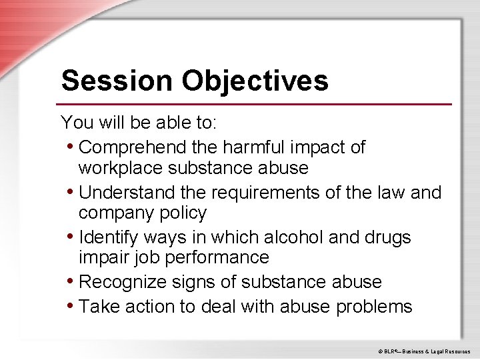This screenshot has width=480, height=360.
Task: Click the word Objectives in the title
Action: [x=254, y=81]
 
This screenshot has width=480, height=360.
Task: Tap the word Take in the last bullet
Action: [x=97, y=307]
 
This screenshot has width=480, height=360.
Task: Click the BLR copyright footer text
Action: [x=424, y=351]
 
